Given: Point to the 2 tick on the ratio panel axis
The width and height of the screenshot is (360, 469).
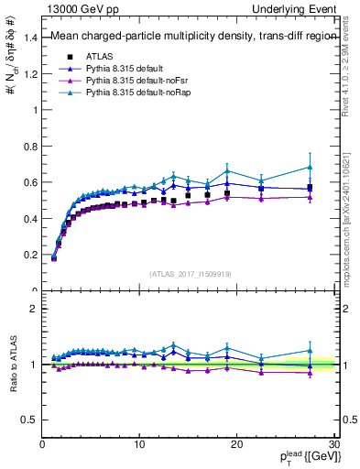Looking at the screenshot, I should (x=33, y=309).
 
